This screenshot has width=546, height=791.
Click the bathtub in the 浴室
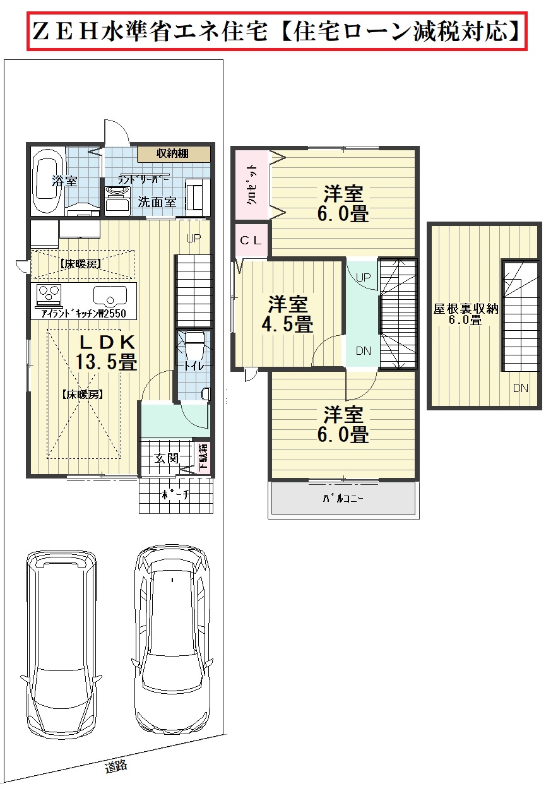click(x=48, y=181)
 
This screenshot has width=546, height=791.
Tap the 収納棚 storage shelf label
click(x=172, y=154)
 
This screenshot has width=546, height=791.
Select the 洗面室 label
click(x=157, y=202)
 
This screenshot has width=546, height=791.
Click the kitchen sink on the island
click(x=110, y=296)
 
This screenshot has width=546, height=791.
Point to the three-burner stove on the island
click(x=49, y=295)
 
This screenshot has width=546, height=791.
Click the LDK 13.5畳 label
click(x=106, y=352)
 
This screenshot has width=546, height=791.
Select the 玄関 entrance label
click(x=167, y=459)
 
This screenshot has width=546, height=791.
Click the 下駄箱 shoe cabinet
click(x=203, y=458)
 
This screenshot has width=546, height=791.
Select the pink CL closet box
click(x=251, y=241)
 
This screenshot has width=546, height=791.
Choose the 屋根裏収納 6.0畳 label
click(x=465, y=314)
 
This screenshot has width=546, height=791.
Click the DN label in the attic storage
click(x=520, y=388)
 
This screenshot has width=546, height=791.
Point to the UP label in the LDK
click(x=194, y=238)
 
